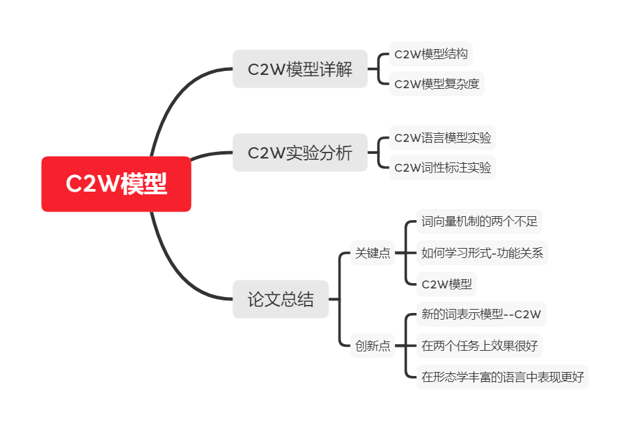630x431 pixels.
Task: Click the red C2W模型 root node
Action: coord(116,184)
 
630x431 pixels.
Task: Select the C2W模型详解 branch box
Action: coord(299,69)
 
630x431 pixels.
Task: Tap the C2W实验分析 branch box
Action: coord(299,153)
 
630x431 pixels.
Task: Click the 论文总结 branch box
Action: coord(280,299)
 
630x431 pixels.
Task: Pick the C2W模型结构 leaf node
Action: coord(431,54)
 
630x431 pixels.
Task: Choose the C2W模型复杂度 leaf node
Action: coord(437,84)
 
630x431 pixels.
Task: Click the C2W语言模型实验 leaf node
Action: coord(443,138)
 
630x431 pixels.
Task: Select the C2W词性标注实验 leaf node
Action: coord(443,168)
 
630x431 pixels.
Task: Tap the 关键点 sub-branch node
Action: coord(372,253)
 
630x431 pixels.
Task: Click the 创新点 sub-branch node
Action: coord(372,345)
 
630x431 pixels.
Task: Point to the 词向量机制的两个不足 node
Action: coord(480,221)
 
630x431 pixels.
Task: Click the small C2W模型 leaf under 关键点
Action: coord(446,284)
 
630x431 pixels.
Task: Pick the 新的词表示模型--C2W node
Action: coord(481,314)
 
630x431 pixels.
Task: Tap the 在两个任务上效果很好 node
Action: coord(480,345)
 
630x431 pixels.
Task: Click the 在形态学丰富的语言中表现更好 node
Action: coord(502,377)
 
